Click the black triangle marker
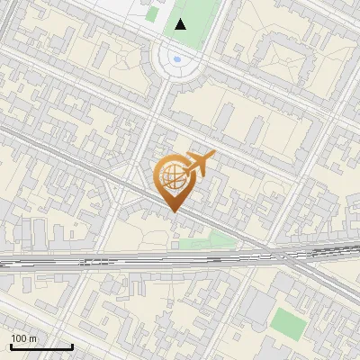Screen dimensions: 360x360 coord(182,24)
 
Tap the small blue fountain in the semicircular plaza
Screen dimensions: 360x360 coord(177,60)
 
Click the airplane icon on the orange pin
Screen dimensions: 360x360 coord(199,164)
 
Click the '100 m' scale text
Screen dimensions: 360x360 coord(24,337)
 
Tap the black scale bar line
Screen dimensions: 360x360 coord(41,346)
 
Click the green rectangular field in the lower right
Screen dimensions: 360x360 coord(288,323)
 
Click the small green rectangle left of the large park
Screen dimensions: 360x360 coord(151,13)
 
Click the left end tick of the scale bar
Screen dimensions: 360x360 coord(11,346)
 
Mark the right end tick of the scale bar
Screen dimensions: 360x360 coord(72,346)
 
